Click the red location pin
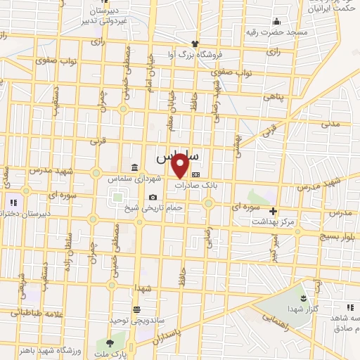181,165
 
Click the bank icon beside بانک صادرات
195,175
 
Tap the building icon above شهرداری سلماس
134,167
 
